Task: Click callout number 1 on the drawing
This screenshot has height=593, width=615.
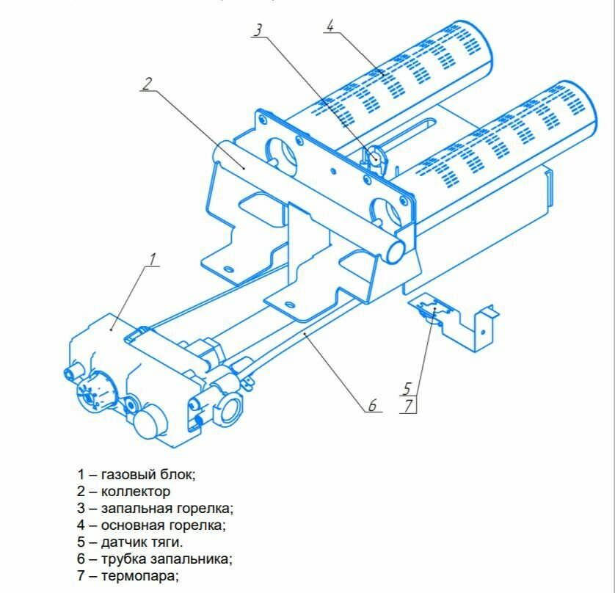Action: (153, 258)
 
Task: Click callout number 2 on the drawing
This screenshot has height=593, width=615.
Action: (147, 84)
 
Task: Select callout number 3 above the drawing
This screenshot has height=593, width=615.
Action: (258, 30)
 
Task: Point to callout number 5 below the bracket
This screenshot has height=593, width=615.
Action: (407, 388)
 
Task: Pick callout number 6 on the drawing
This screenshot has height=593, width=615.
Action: (372, 404)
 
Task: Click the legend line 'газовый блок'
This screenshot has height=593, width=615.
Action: (137, 474)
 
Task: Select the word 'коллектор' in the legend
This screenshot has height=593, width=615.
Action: (136, 491)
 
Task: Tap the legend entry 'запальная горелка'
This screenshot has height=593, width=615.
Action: (154, 508)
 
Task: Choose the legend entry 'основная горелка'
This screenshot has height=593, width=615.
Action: (151, 525)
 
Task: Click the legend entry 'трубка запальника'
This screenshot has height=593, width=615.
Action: (154, 559)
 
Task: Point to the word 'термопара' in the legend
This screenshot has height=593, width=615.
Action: (139, 575)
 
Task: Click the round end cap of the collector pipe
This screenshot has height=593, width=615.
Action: (395, 249)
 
